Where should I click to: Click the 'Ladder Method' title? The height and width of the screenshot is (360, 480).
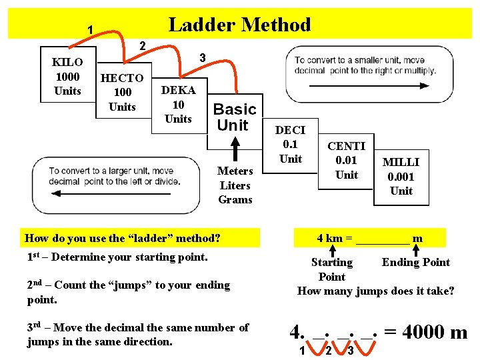coord(239,25)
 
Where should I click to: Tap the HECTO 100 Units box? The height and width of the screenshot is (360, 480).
coord(122,92)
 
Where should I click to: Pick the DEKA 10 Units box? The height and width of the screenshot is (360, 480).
coord(178,105)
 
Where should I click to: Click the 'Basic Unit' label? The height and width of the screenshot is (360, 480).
coord(234,117)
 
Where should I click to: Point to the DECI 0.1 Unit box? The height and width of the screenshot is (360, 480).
coord(290,145)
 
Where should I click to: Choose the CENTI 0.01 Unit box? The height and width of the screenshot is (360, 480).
coord(346,161)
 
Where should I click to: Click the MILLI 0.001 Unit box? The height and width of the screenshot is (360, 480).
coord(401,177)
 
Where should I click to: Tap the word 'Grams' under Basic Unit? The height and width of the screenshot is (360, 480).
coord(235,200)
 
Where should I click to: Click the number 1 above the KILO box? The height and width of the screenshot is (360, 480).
coord(90,29)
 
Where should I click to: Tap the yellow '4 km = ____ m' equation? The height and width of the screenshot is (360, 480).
coord(369,238)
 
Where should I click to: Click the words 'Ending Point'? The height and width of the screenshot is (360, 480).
coord(415,262)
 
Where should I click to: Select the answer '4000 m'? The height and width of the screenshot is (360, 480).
coord(434,332)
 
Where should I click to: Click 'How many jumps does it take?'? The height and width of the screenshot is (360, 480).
coord(375,291)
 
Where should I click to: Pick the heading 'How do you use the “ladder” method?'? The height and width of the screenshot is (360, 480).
coord(123,238)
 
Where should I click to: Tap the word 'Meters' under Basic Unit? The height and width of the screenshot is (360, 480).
coord(235,171)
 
